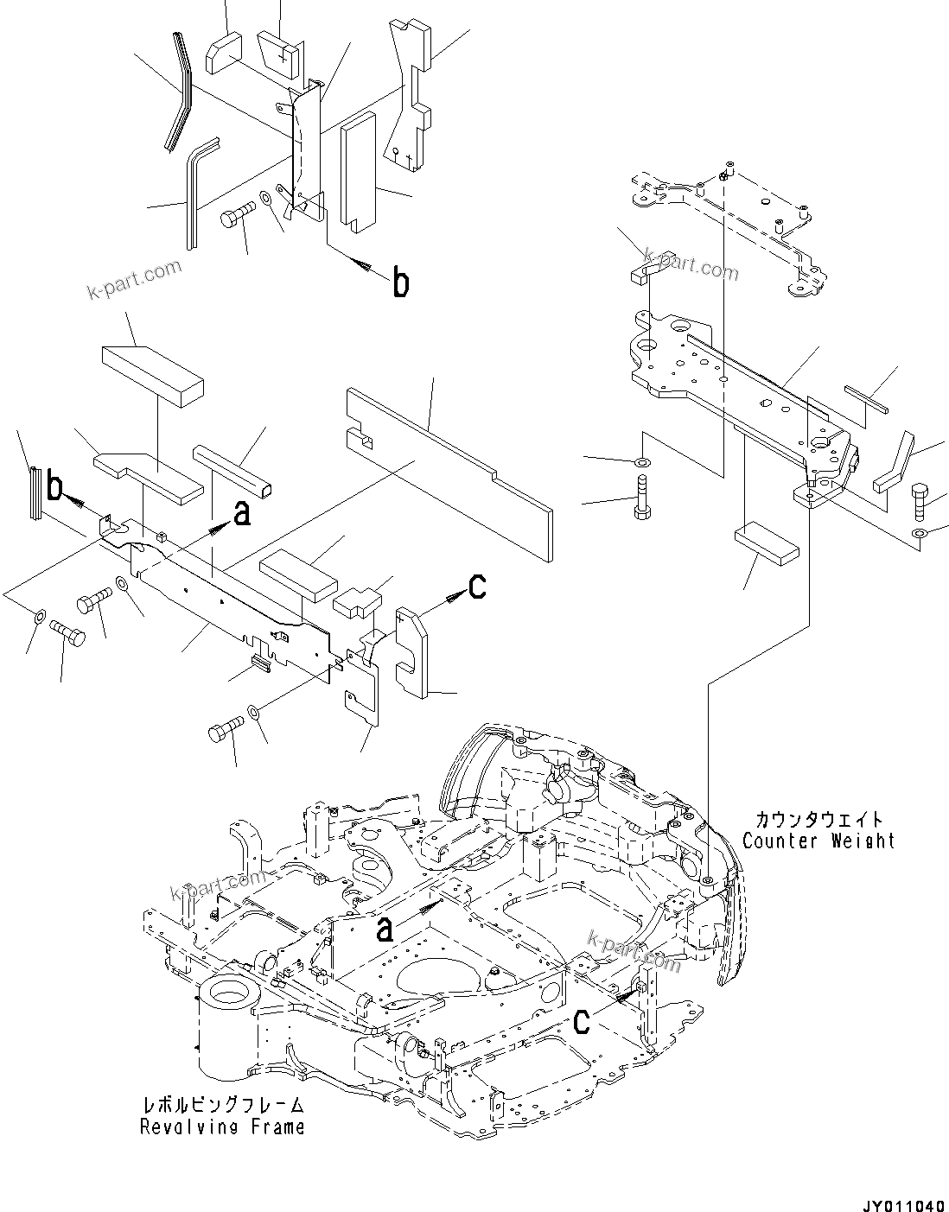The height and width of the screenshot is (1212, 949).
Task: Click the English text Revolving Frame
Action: click(222, 1126)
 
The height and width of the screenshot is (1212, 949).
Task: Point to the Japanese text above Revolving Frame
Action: click(223, 1106)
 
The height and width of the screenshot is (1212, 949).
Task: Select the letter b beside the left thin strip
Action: click(54, 490)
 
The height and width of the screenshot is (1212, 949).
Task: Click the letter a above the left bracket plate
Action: click(242, 514)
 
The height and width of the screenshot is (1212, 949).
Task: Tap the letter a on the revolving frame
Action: click(385, 928)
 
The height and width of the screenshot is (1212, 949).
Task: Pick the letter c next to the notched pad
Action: click(478, 587)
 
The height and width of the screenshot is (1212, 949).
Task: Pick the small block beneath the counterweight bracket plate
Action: click(767, 543)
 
